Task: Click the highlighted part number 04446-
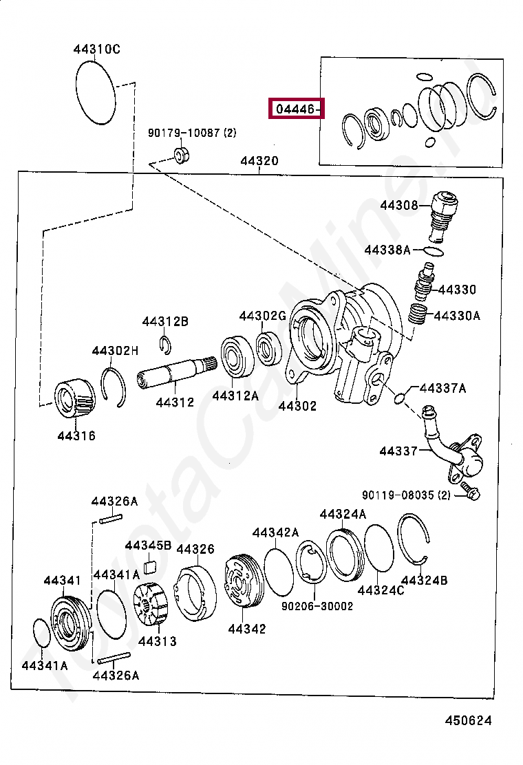coord(296,109)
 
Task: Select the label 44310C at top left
coord(96,49)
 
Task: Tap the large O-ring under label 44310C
coord(95,93)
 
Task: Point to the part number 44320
coord(259,162)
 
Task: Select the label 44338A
coord(387,250)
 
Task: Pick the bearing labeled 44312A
coord(237,357)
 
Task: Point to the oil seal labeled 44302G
coord(269,347)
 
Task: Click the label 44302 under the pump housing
coord(297,406)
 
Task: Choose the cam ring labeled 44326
coord(195,591)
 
